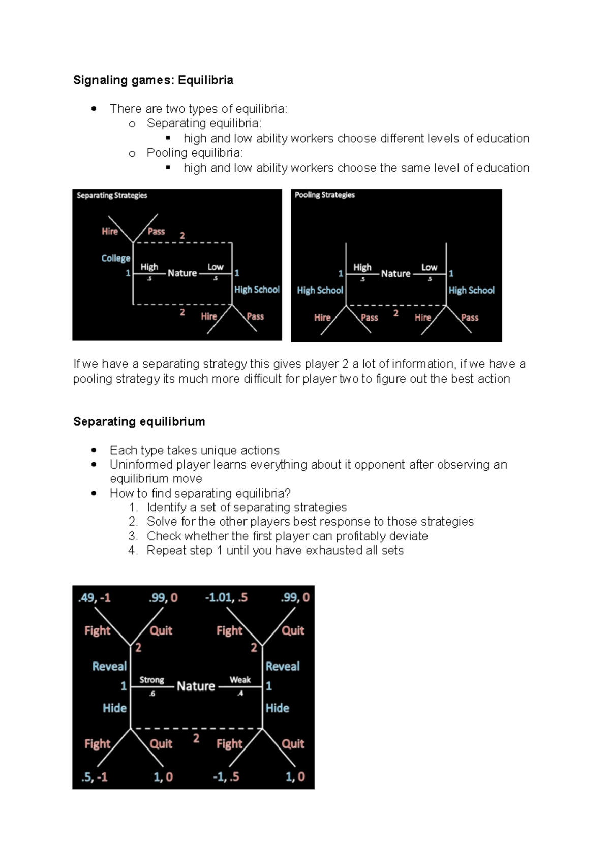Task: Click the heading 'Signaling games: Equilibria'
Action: [153, 80]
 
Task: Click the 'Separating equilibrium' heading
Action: [139, 422]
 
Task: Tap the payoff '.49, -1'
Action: [94, 598]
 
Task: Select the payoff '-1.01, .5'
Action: [226, 598]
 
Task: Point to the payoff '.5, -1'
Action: [94, 777]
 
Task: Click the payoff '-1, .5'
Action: [226, 777]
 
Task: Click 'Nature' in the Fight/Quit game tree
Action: [196, 686]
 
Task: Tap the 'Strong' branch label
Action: [151, 680]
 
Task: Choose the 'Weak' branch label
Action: [240, 680]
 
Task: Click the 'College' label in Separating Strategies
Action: [115, 258]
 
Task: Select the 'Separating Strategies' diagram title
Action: [112, 196]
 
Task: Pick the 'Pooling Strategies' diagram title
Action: [325, 195]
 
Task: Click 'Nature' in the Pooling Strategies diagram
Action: [395, 274]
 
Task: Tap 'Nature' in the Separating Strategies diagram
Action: [182, 273]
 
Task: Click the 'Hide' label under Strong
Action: [114, 708]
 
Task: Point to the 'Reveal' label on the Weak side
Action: [283, 667]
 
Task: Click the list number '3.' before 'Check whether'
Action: [133, 536]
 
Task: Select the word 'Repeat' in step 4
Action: [164, 551]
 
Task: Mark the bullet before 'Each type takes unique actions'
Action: [94, 450]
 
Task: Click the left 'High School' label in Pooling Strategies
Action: [320, 291]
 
